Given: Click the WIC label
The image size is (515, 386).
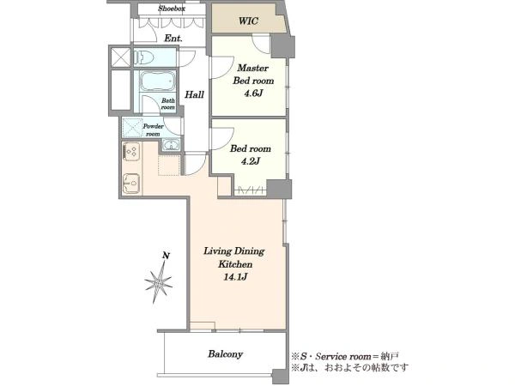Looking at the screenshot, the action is point(248,21).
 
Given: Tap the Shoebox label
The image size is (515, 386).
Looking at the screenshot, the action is point(172,9).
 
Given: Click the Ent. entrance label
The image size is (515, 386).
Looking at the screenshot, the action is point(173,39).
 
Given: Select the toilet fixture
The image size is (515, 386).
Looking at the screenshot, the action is point(144,58).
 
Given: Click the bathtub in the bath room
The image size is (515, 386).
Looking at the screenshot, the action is point(157,81).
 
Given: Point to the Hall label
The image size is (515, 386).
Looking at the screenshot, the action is point(194,95).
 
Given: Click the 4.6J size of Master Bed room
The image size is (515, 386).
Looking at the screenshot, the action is point(253,93).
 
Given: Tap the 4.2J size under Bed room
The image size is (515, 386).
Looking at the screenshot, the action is point(251,161).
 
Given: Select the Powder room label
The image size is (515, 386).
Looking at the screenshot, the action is point(153,130).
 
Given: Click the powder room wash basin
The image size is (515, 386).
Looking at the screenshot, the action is point(171,145).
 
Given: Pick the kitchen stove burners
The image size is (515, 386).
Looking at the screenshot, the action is point(131,152).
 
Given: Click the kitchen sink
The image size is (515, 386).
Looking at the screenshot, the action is point(131,184).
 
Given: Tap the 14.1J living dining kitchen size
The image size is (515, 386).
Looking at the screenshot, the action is point(235,277).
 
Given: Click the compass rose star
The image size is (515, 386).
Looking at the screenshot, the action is point(158,282).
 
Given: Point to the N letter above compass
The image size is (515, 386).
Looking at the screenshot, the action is point(167,256).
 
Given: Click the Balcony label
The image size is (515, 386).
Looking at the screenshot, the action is point(225,354).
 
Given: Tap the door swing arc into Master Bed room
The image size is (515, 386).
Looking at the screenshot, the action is point(221,69).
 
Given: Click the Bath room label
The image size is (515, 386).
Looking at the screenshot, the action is point(168,104).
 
